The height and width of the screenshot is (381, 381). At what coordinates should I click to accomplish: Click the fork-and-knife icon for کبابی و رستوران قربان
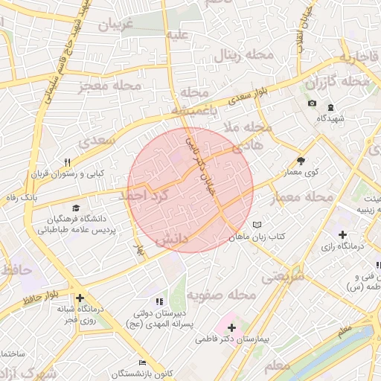68,162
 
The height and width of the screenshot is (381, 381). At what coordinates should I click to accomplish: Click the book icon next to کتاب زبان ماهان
257,224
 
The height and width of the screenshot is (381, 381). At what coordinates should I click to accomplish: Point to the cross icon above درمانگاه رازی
342,235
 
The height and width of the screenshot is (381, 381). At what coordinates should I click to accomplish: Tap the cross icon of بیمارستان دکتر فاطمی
231,327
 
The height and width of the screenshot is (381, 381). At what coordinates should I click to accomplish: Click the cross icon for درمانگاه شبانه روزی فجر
80,298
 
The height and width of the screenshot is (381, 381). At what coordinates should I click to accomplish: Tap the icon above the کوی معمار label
301,160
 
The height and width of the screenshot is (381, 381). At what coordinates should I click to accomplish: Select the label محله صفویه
221,295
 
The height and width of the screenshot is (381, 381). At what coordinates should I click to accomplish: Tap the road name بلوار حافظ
39,299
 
